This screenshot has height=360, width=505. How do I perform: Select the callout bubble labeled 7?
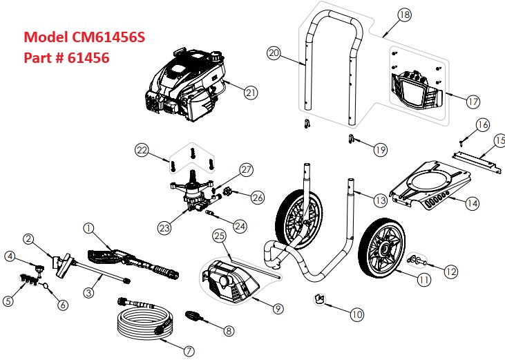[x=189, y=350]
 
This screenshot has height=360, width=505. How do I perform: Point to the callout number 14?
[x=473, y=203]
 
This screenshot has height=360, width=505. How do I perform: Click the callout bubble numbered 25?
[x=220, y=237]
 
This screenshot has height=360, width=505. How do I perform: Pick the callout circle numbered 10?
[x=356, y=314]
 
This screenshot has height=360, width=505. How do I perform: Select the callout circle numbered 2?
[x=28, y=239]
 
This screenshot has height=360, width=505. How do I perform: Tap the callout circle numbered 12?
[x=450, y=272]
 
